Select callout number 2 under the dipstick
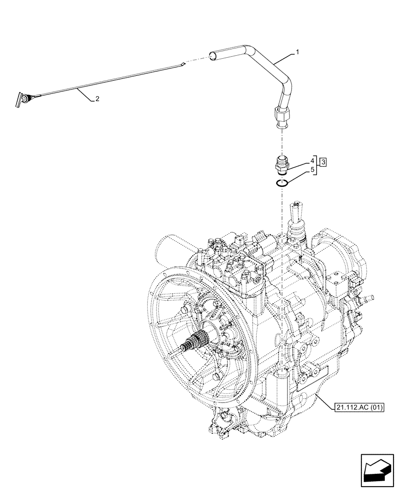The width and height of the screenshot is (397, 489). click(97, 99)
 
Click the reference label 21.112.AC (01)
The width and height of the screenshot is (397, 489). click(358, 407)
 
